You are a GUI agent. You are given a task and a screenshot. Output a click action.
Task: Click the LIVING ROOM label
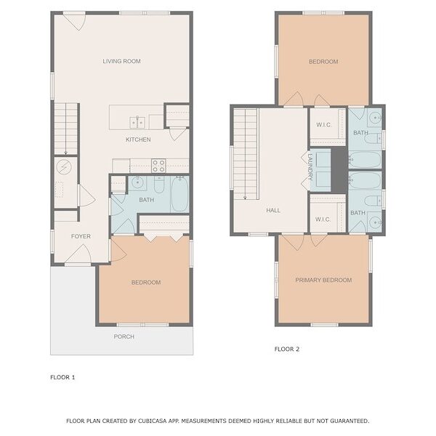pos(121,61)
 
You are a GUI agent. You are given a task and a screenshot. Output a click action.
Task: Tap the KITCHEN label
pos(138,140)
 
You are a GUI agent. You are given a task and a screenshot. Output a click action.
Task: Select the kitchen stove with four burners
pos(158,166)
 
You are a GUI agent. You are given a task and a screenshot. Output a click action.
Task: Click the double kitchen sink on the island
pos(137,123)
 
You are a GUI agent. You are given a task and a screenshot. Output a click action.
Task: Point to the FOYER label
pos(81,236)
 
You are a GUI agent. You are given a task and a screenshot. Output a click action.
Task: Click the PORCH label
pos(124,336)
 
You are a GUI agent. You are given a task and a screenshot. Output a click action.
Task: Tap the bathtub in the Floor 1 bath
pos(179,194)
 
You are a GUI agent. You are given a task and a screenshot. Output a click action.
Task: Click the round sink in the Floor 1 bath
pos(137,182)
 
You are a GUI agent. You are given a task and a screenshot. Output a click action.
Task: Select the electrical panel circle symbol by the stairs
pos(64,167)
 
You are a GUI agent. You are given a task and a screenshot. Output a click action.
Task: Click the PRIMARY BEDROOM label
pos(323,280)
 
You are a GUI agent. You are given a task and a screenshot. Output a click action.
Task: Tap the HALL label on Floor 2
pos(273,211)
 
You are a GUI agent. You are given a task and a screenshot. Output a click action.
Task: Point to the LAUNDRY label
pos(310,167)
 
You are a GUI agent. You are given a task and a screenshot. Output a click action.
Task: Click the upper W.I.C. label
pos(323,125)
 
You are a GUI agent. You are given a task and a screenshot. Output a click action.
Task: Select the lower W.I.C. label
pos(323,219)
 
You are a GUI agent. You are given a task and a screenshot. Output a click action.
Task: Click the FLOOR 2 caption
pos(287,350)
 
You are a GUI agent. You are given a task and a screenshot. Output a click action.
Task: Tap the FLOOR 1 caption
pos(62,377)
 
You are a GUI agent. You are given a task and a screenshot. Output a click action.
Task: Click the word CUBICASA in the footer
pos(153,421)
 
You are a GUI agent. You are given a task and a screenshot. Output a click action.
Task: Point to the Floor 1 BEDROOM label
pos(146,283)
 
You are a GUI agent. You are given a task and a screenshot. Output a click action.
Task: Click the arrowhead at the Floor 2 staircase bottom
pos(245,198)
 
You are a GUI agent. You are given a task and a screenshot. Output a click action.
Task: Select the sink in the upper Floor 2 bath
pos(375,118)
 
